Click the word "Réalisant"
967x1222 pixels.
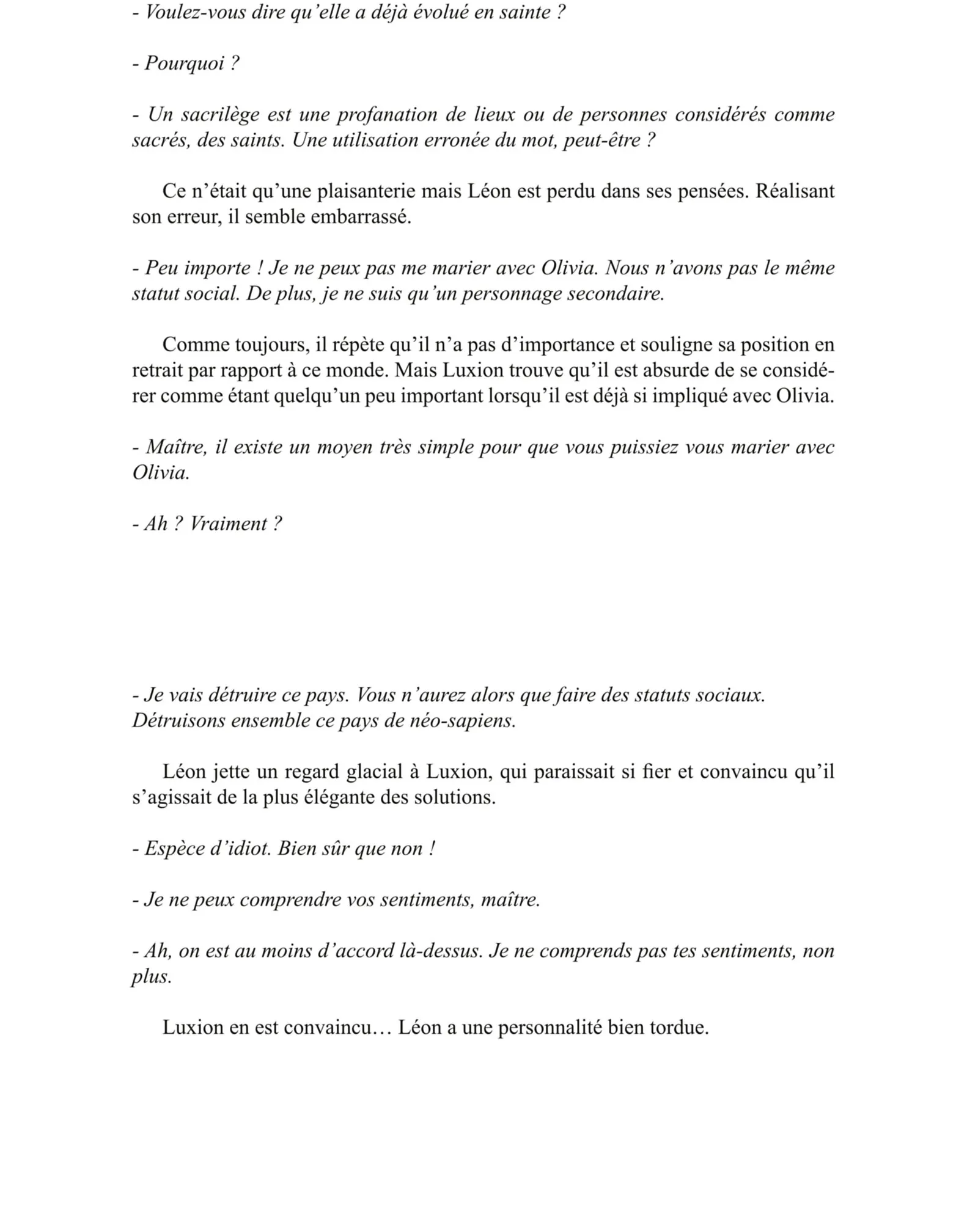click(x=795, y=192)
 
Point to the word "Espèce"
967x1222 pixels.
click(x=174, y=849)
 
